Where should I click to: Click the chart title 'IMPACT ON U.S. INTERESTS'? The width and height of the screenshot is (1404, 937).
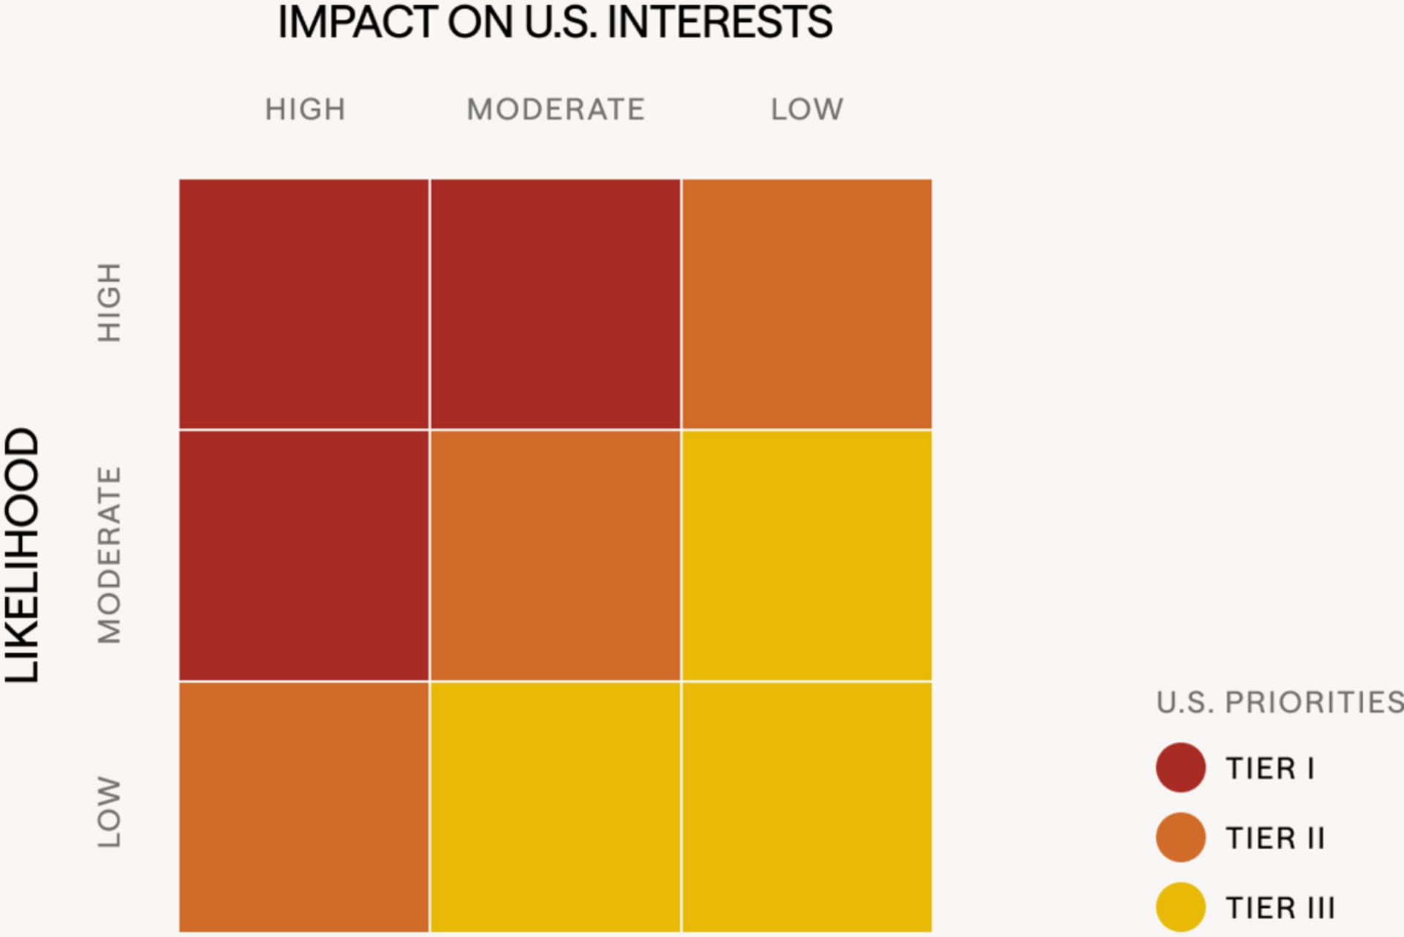pos(554,23)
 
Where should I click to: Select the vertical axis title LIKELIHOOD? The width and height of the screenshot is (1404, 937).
pos(23,555)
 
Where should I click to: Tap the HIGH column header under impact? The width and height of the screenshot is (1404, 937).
pos(305,110)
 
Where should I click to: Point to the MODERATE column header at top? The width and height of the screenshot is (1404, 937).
pos(556,110)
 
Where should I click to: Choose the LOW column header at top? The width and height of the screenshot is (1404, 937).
pos(807,110)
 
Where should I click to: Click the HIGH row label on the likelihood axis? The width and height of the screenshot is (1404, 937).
pos(109,303)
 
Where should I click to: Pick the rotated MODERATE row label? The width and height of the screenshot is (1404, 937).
pos(109,555)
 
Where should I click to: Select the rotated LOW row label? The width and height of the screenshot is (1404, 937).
pos(109,812)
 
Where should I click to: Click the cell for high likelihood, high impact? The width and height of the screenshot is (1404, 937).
pos(304,304)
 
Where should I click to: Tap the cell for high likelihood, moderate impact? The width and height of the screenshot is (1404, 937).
pos(555,304)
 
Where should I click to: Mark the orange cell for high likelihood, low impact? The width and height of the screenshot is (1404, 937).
pos(807,304)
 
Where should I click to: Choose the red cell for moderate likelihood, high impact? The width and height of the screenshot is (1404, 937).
pos(304,555)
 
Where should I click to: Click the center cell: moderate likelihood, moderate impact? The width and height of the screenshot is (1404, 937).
pos(555,555)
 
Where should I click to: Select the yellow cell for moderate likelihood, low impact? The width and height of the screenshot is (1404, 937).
pos(807,555)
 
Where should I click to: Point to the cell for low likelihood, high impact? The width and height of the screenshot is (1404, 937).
pos(304,807)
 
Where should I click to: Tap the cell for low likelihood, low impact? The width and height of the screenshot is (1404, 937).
pos(807,807)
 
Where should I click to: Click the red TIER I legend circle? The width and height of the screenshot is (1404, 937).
pos(1180,767)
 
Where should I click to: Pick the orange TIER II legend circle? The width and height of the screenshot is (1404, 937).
pos(1180,837)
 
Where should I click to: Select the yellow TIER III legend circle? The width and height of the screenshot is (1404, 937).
pos(1180,907)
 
